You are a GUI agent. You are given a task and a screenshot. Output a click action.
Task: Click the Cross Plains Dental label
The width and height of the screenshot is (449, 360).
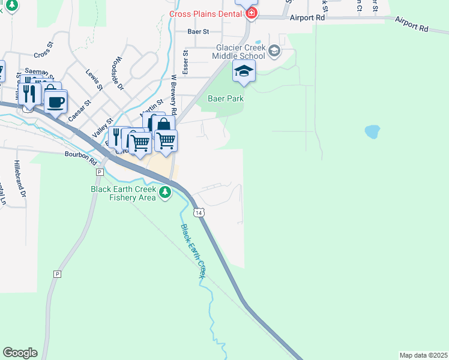pyautogui.click(x=206, y=13)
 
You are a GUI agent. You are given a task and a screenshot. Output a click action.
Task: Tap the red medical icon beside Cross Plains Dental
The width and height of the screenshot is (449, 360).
pyautogui.click(x=252, y=13)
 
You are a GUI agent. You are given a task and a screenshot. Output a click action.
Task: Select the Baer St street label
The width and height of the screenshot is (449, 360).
pyautogui.click(x=197, y=31)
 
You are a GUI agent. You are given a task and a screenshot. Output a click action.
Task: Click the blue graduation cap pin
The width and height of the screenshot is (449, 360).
pyautogui.click(x=244, y=71)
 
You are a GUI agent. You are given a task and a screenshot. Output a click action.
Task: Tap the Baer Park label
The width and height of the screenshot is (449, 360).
pyautogui.click(x=226, y=98)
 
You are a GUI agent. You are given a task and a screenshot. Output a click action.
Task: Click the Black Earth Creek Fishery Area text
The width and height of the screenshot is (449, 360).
pyautogui.click(x=122, y=193)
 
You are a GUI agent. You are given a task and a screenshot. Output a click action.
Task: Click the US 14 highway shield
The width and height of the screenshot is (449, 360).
pyautogui.click(x=199, y=212)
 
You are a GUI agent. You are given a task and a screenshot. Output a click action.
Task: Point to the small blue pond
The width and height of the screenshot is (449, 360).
pyautogui.click(x=372, y=131)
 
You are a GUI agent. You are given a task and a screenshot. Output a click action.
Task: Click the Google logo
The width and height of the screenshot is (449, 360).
pyautogui.click(x=20, y=353)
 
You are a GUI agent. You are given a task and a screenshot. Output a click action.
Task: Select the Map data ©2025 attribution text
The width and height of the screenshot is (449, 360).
pyautogui.click(x=423, y=355)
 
